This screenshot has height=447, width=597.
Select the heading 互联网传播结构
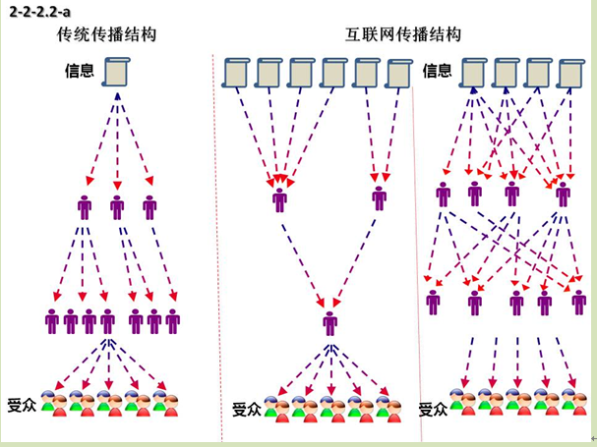click(x=404, y=35)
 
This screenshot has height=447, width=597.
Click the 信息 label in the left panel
click(x=79, y=71)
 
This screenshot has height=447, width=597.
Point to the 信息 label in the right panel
click(x=437, y=71)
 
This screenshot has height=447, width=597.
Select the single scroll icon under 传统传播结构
click(x=117, y=72)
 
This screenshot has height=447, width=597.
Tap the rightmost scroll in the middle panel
click(x=399, y=74)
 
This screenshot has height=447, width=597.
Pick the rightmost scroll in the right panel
click(x=569, y=74)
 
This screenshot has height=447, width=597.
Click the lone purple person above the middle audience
click(x=329, y=322)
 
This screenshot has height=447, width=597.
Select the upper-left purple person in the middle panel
click(x=280, y=200)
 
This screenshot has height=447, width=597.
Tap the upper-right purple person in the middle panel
click(x=380, y=198)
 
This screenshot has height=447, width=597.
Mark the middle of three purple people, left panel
click(x=117, y=207)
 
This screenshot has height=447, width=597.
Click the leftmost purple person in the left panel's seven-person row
click(x=52, y=321)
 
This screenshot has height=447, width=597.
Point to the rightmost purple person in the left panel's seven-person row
click(x=173, y=321)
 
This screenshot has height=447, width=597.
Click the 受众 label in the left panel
click(x=22, y=405)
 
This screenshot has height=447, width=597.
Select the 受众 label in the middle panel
click(x=246, y=410)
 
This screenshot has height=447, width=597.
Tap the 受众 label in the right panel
click(x=433, y=409)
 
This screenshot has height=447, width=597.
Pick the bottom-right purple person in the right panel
click(x=578, y=302)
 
